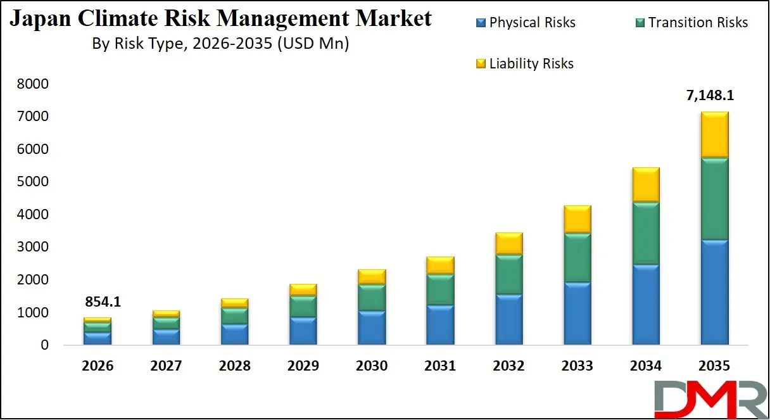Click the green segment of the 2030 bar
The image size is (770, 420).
pos(371,297)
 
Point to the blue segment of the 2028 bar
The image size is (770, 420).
pos(234,334)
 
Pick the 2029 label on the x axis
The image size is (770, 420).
pos(302,366)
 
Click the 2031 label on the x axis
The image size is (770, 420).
pos(439,366)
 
